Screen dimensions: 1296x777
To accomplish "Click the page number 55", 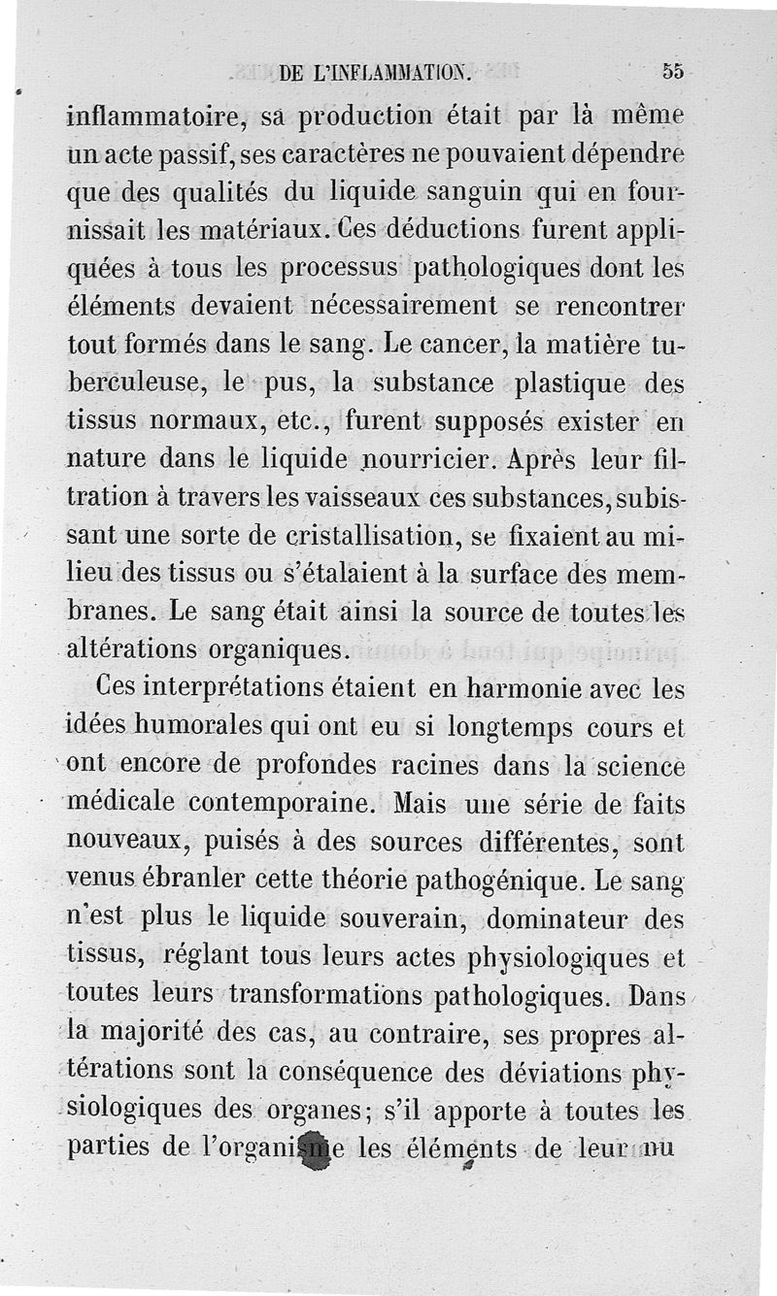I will click(x=674, y=71).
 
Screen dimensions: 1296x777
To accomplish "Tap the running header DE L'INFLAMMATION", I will click(x=374, y=71).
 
